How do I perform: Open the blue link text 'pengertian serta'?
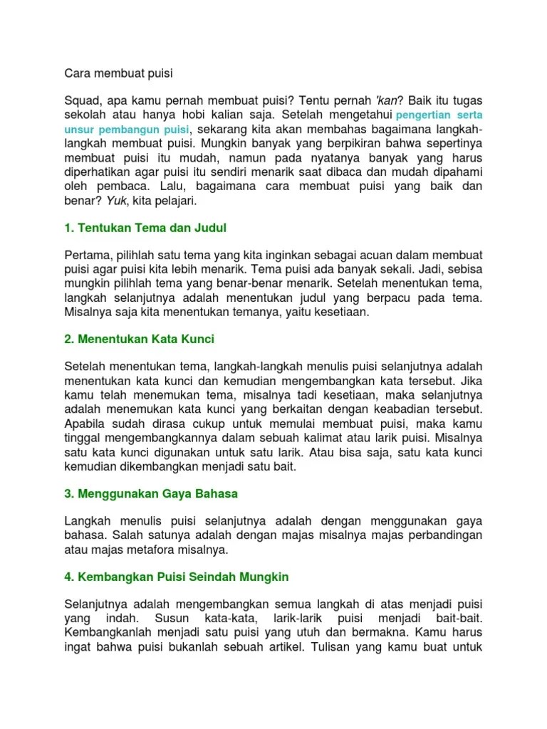(439, 115)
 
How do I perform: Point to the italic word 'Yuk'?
(116, 201)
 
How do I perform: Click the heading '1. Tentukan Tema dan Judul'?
(145, 229)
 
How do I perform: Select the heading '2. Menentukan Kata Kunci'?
(139, 339)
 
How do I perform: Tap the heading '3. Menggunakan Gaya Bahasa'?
(151, 493)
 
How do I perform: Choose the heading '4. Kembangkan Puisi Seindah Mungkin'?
(176, 576)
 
